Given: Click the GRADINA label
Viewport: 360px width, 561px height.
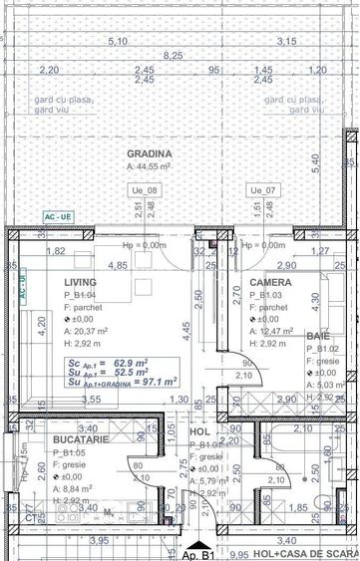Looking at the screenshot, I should point(150,153).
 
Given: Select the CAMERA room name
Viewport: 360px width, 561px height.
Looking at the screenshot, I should point(271,283).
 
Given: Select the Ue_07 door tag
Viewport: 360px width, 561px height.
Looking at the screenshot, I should point(260,188).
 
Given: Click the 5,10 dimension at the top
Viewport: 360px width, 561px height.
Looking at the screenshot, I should point(117,41).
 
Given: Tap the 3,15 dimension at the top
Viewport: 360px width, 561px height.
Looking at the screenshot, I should point(287,41).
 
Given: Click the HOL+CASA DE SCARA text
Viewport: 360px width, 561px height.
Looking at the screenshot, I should point(305,555).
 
